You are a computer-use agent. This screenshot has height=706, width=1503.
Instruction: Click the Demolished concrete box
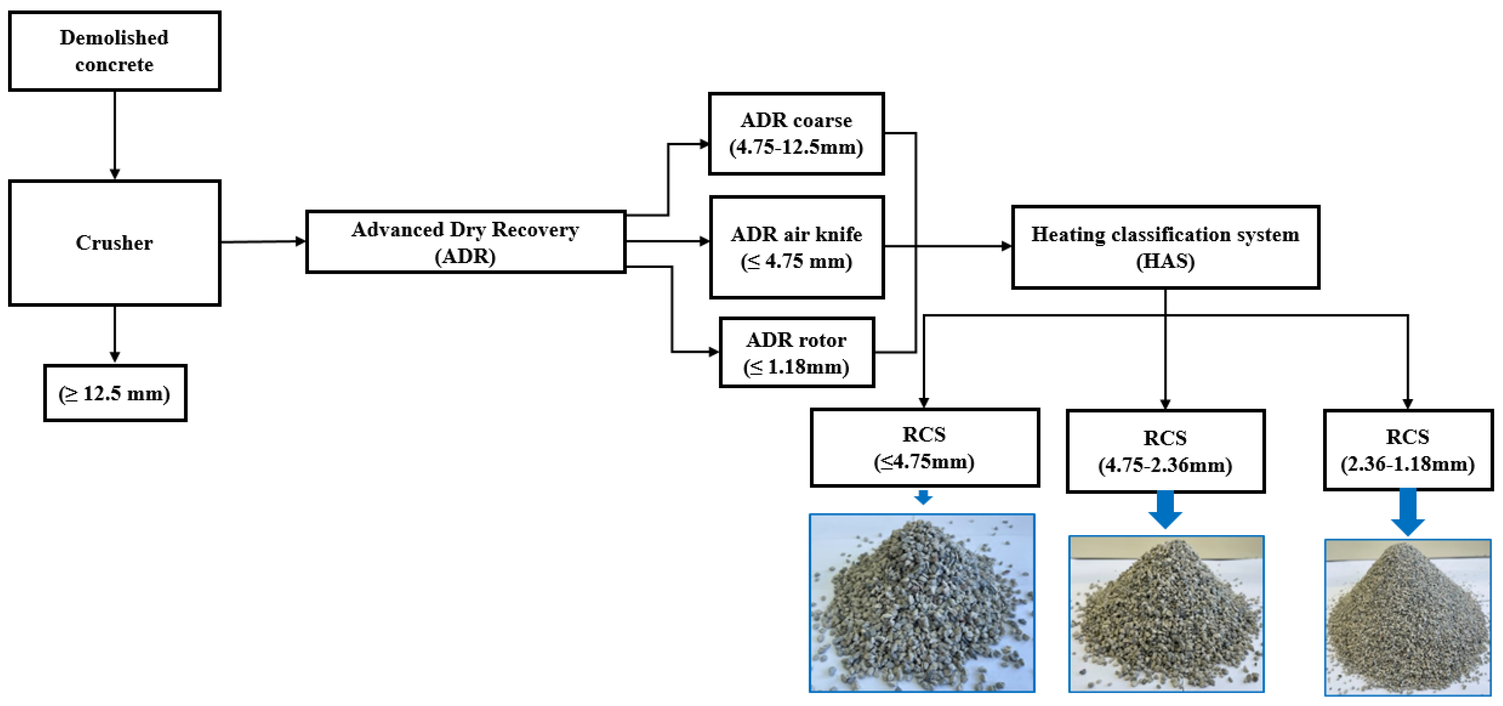[x=114, y=51]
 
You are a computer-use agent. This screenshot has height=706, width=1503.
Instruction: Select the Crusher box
[x=114, y=242]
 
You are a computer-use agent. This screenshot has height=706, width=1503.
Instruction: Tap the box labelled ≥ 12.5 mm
[x=115, y=393]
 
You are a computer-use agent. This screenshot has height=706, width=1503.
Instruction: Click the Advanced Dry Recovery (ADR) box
[x=465, y=242]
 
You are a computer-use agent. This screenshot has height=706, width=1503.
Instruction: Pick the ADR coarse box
[x=796, y=133]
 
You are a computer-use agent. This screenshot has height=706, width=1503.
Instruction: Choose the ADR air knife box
[x=797, y=247]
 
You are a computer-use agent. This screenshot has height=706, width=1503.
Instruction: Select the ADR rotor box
[x=797, y=353]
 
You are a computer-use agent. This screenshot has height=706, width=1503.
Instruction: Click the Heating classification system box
[x=1165, y=247]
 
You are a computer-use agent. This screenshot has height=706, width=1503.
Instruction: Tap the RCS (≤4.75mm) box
[x=924, y=447]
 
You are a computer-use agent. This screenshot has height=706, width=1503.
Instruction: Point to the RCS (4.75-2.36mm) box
[x=1165, y=451]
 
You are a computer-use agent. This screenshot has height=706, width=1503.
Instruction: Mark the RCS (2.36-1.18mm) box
[x=1407, y=450]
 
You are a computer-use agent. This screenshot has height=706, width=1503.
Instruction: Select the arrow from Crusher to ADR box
[x=263, y=241]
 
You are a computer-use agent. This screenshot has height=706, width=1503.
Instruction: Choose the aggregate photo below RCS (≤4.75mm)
[x=922, y=603]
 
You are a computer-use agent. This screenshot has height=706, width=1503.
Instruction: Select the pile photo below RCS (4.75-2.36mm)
[x=1166, y=614]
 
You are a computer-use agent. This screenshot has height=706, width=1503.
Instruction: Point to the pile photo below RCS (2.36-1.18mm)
[x=1407, y=617]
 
